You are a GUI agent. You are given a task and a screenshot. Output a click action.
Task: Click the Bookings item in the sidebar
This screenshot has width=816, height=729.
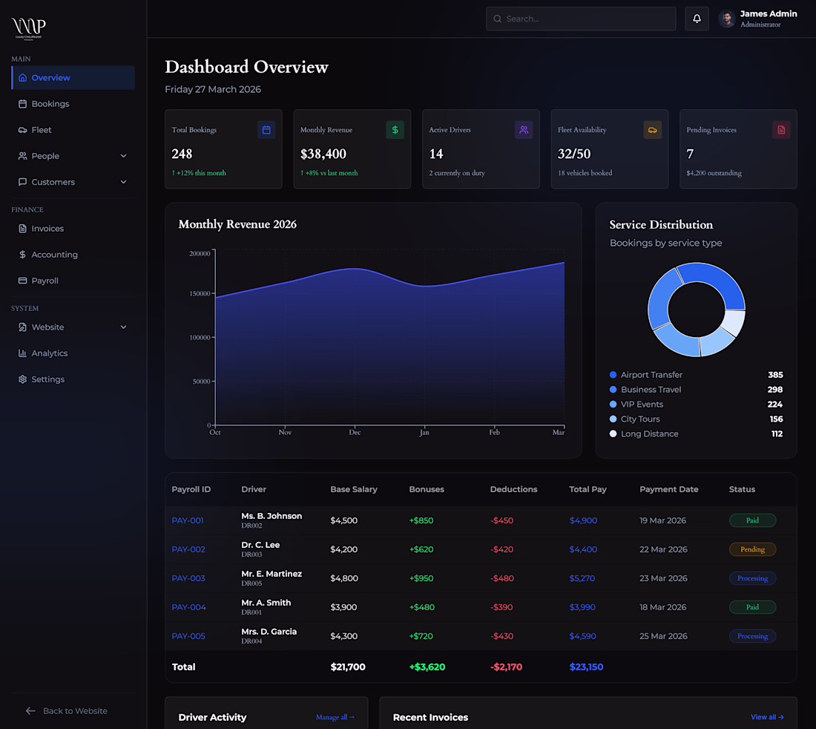(x=50, y=104)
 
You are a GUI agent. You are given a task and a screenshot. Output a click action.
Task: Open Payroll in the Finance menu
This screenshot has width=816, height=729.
(x=45, y=281)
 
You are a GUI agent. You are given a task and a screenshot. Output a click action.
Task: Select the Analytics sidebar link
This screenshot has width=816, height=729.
(x=49, y=353)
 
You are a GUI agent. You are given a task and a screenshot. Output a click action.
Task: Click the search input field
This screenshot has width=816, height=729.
(x=581, y=19)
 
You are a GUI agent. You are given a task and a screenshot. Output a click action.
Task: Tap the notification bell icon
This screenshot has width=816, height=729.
(x=697, y=19)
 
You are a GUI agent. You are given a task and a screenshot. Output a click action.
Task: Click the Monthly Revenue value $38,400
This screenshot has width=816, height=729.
(x=323, y=154)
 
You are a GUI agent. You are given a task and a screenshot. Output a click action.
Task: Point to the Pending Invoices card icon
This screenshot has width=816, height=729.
(x=780, y=130)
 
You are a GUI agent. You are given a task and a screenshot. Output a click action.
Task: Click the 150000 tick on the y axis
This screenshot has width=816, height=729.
(x=200, y=293)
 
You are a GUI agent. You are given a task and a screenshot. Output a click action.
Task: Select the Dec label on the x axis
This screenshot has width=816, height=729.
(x=355, y=432)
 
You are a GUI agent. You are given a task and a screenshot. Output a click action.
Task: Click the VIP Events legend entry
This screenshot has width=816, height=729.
(x=642, y=405)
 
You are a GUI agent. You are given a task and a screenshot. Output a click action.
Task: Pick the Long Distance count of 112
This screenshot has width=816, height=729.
(x=777, y=434)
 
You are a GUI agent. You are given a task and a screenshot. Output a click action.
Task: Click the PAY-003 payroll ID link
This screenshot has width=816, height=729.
(x=188, y=578)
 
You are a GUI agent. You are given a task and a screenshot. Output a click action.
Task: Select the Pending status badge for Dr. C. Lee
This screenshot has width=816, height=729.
(x=752, y=549)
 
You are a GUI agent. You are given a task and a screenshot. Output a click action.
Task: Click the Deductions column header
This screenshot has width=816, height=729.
(x=513, y=489)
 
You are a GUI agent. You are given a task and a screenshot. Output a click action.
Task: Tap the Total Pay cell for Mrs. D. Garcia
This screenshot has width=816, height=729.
(x=583, y=636)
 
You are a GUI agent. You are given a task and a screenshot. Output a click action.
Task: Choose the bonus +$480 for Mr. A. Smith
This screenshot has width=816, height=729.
(x=421, y=607)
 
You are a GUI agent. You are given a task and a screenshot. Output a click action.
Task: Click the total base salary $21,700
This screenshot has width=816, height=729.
(x=348, y=667)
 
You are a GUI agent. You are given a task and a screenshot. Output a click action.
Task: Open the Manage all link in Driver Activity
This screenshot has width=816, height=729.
(x=335, y=717)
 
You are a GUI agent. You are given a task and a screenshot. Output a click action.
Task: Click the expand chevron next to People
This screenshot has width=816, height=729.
(x=123, y=156)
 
